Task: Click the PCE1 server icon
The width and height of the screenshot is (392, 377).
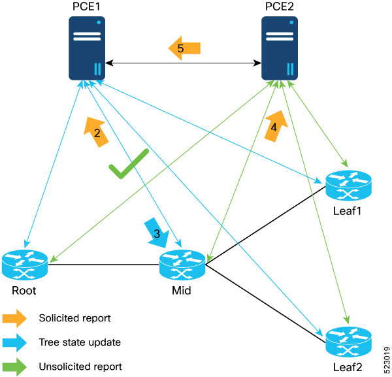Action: (x=88, y=48)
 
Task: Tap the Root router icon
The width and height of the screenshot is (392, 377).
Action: (x=24, y=264)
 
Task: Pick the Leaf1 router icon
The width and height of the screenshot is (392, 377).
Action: (x=348, y=186)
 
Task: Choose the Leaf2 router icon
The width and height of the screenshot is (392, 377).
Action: (x=348, y=340)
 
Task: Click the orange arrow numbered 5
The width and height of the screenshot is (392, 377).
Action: (x=184, y=48)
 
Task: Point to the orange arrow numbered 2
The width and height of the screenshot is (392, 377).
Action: (x=95, y=133)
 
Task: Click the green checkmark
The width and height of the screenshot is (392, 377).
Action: (x=129, y=164)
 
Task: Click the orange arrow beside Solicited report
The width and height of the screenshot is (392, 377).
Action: (x=14, y=318)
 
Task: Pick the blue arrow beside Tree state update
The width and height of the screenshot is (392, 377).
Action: (x=14, y=342)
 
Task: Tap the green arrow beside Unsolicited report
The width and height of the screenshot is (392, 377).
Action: (x=14, y=366)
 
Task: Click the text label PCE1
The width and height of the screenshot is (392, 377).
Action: (x=87, y=7)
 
